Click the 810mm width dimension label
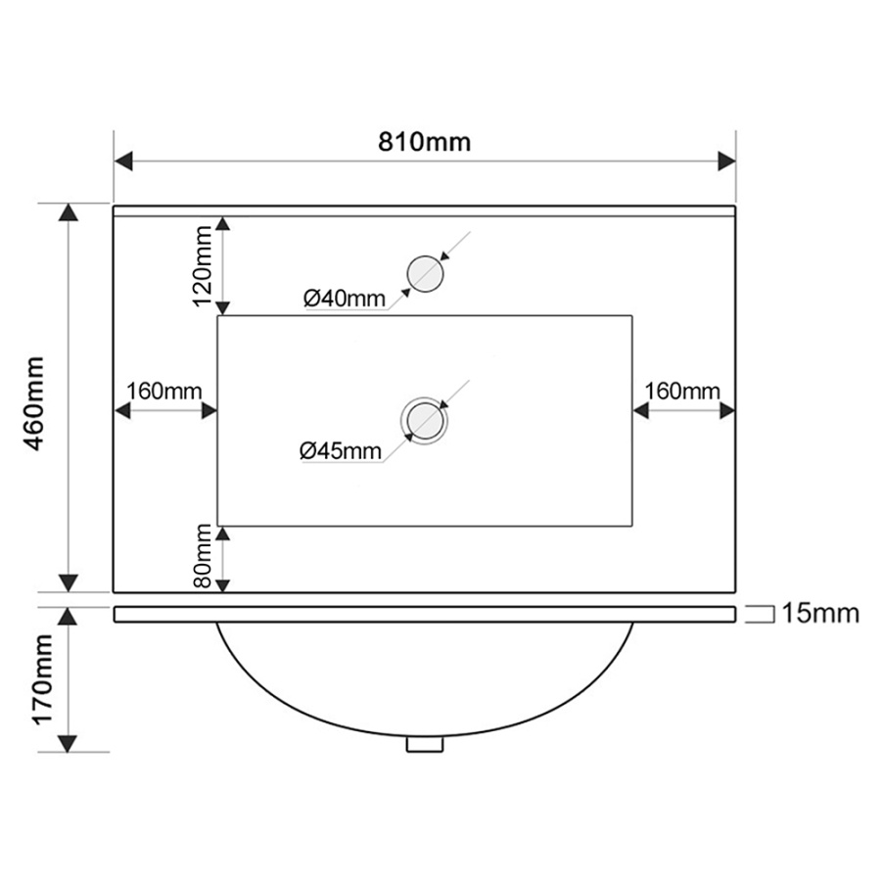coord(424,142)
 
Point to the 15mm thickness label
coord(820,614)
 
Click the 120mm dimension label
coord(203,265)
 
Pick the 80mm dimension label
coord(203,555)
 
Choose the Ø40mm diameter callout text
coord(345,298)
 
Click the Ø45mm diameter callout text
coord(341,450)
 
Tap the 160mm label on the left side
coord(163,391)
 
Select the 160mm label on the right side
coord(682,391)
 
